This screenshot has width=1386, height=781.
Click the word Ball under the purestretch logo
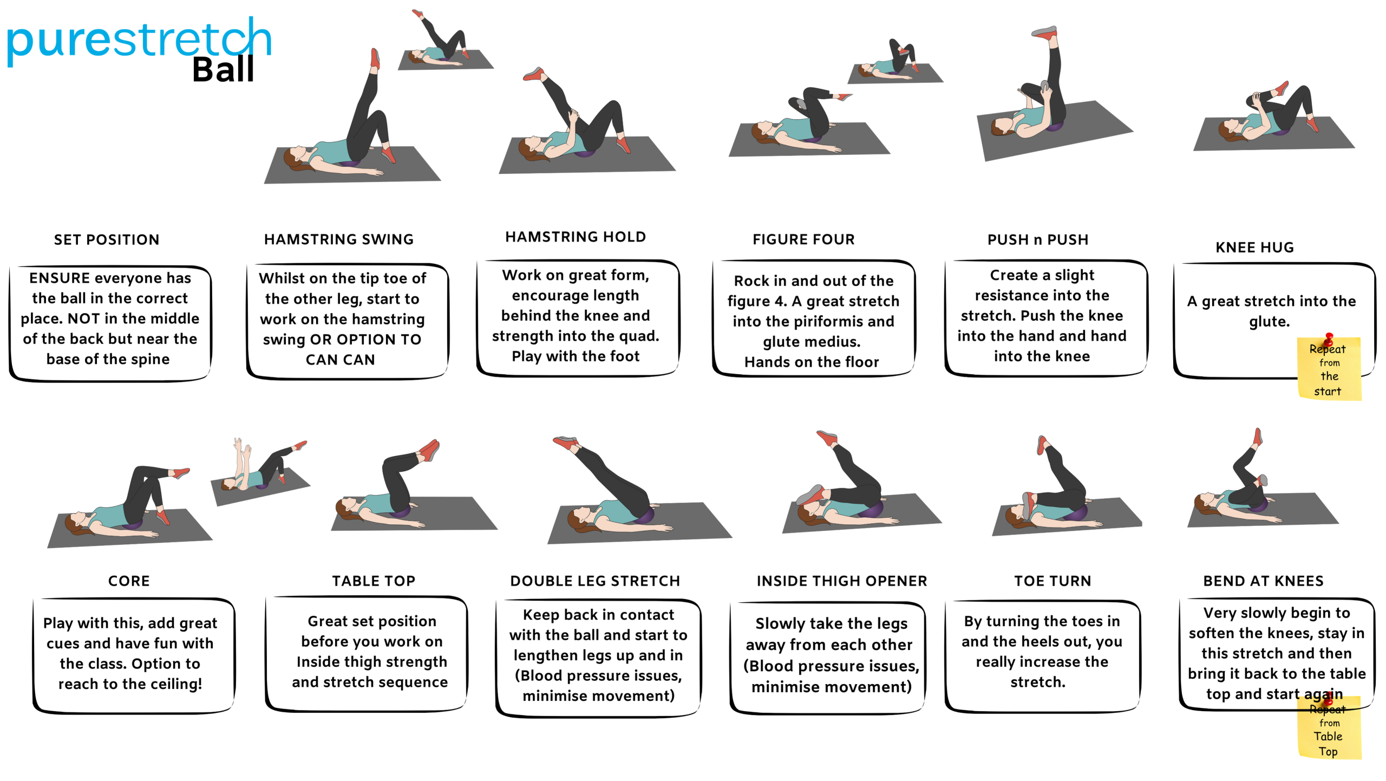pos(223,70)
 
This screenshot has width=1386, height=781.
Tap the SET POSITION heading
pos(107,240)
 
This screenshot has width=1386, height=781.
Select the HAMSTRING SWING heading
pos(339,239)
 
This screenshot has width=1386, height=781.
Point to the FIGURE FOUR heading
pos(803,239)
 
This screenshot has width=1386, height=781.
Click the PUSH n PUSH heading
pos(1037,240)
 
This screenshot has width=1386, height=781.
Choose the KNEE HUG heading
pos(1254,248)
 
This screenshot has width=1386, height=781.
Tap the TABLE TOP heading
pos(374,581)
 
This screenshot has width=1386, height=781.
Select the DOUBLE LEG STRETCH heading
pos(595,581)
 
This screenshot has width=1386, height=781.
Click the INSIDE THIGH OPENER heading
pos(842,581)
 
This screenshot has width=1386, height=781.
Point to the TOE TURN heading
pos(1052,581)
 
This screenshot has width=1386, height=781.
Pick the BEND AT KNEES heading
pos(1263,581)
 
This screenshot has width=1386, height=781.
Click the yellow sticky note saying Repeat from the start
pos(1329,368)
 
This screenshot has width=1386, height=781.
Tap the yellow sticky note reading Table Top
pos(1329,728)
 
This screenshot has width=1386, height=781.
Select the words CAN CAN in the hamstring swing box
pos(340,360)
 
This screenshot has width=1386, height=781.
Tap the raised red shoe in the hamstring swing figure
pos(375,58)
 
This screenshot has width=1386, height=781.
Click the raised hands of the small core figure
pos(241,447)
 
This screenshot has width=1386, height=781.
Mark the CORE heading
pos(129,581)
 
